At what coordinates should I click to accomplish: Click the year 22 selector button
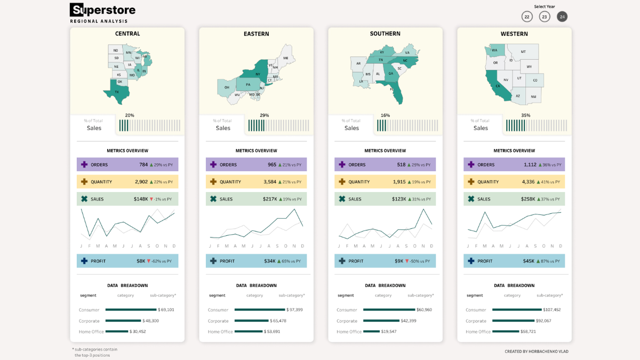click(527, 17)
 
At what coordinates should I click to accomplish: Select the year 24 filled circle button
click(562, 17)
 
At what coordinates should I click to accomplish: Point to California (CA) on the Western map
click(497, 85)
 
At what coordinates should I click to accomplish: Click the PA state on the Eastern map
click(247, 84)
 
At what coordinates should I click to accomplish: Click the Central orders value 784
click(143, 165)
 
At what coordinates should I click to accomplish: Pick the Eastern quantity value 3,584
click(270, 182)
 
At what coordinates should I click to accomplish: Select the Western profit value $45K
click(528, 261)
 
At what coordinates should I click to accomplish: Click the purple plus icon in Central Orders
click(84, 165)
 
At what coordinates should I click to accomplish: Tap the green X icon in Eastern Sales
click(213, 199)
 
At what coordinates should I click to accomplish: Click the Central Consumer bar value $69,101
click(166, 310)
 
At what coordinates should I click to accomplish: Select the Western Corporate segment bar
click(513, 321)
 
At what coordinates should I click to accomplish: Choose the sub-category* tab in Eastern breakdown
click(292, 295)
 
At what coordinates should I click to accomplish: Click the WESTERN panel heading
click(514, 34)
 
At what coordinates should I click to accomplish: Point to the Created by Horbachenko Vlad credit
click(536, 351)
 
